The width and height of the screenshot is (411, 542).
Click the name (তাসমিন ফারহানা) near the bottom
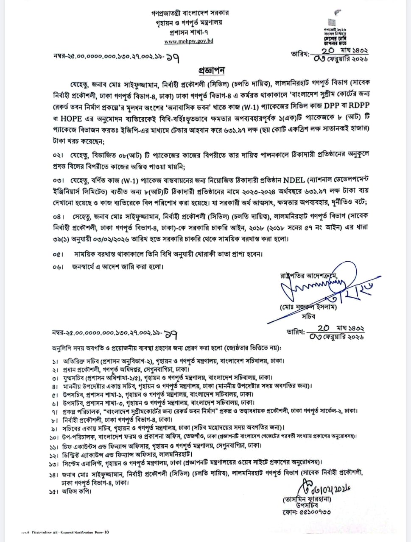pos(307,500)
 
